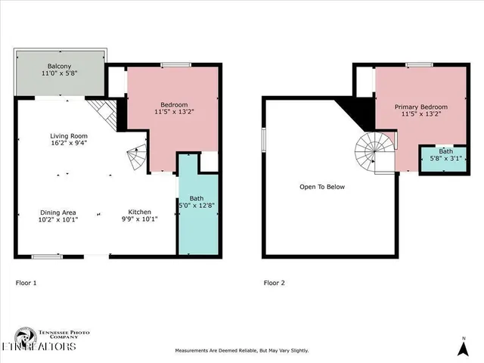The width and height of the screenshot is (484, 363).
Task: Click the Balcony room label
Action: [58, 66]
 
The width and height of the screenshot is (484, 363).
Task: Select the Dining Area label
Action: [58, 212]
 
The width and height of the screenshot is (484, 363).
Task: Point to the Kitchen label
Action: [139, 212]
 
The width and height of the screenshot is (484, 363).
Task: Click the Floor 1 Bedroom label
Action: [174, 104]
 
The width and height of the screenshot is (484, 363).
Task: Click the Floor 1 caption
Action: [26, 283]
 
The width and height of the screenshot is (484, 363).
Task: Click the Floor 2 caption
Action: [275, 283]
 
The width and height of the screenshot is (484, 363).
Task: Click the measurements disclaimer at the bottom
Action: [242, 351]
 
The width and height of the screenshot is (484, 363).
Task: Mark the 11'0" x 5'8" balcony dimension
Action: [58, 74]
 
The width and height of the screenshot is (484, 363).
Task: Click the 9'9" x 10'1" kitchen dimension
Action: [139, 221]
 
